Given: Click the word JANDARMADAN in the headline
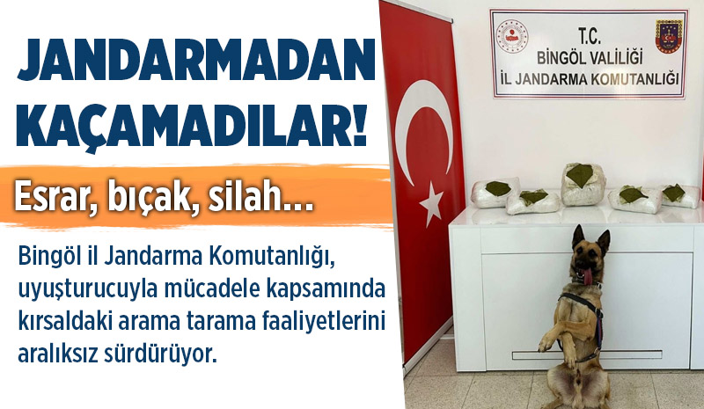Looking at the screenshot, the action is [x=195, y=61].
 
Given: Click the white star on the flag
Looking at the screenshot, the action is [x=431, y=203].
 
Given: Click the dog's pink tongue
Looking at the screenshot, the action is [x=587, y=275].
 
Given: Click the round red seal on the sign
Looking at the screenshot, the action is [x=512, y=37].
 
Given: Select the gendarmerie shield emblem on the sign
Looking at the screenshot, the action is [x=669, y=36].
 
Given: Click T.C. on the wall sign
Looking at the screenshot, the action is [x=589, y=37].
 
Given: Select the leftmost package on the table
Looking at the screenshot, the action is [x=495, y=193].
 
